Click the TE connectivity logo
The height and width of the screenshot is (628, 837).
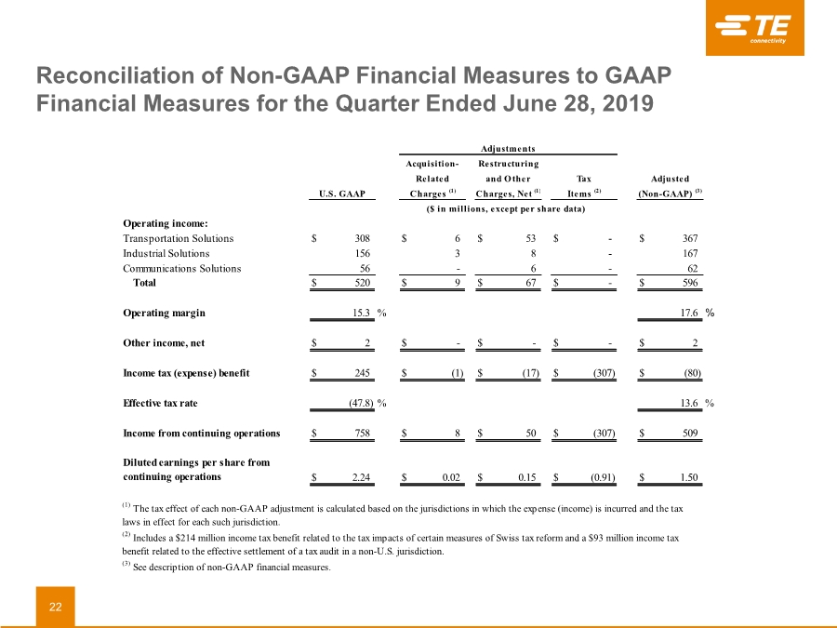(x=754, y=28)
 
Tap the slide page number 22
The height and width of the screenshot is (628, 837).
(x=56, y=607)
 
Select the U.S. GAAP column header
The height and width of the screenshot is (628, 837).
(x=342, y=194)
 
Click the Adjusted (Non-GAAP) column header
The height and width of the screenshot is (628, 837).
(x=670, y=186)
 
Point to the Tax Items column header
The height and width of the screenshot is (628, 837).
(x=583, y=186)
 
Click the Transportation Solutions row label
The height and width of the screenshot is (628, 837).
(x=179, y=238)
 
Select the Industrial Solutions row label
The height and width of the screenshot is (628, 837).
(x=166, y=253)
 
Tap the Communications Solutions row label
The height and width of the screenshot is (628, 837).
(x=182, y=268)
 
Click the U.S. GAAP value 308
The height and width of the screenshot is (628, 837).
(x=363, y=238)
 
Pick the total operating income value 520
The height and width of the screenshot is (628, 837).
(x=363, y=283)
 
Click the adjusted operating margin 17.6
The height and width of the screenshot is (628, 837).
(x=689, y=313)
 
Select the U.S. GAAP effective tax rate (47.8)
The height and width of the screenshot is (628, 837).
(x=362, y=403)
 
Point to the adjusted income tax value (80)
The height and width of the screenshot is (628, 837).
(x=693, y=373)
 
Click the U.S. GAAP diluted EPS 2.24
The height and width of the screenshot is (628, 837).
(x=362, y=477)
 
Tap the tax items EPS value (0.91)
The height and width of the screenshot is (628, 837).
(x=603, y=477)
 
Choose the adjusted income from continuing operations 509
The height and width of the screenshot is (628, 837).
(x=690, y=433)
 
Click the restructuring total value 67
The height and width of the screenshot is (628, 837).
(x=531, y=283)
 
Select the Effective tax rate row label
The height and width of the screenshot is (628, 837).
(x=160, y=403)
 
